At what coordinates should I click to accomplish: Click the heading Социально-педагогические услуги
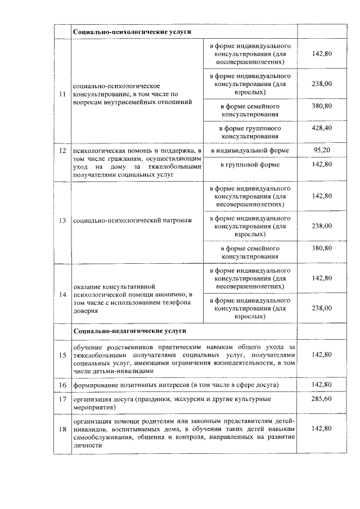click(x=129, y=331)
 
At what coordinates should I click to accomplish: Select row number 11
click(x=62, y=94)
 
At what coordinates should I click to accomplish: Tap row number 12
click(x=62, y=151)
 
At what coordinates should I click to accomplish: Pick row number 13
click(x=62, y=220)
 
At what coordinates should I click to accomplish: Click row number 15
click(x=62, y=355)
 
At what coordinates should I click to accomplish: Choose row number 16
click(x=62, y=384)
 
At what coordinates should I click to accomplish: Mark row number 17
click(x=62, y=399)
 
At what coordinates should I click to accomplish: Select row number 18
click(x=62, y=429)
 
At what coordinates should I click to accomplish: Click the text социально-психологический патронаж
click(x=133, y=220)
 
